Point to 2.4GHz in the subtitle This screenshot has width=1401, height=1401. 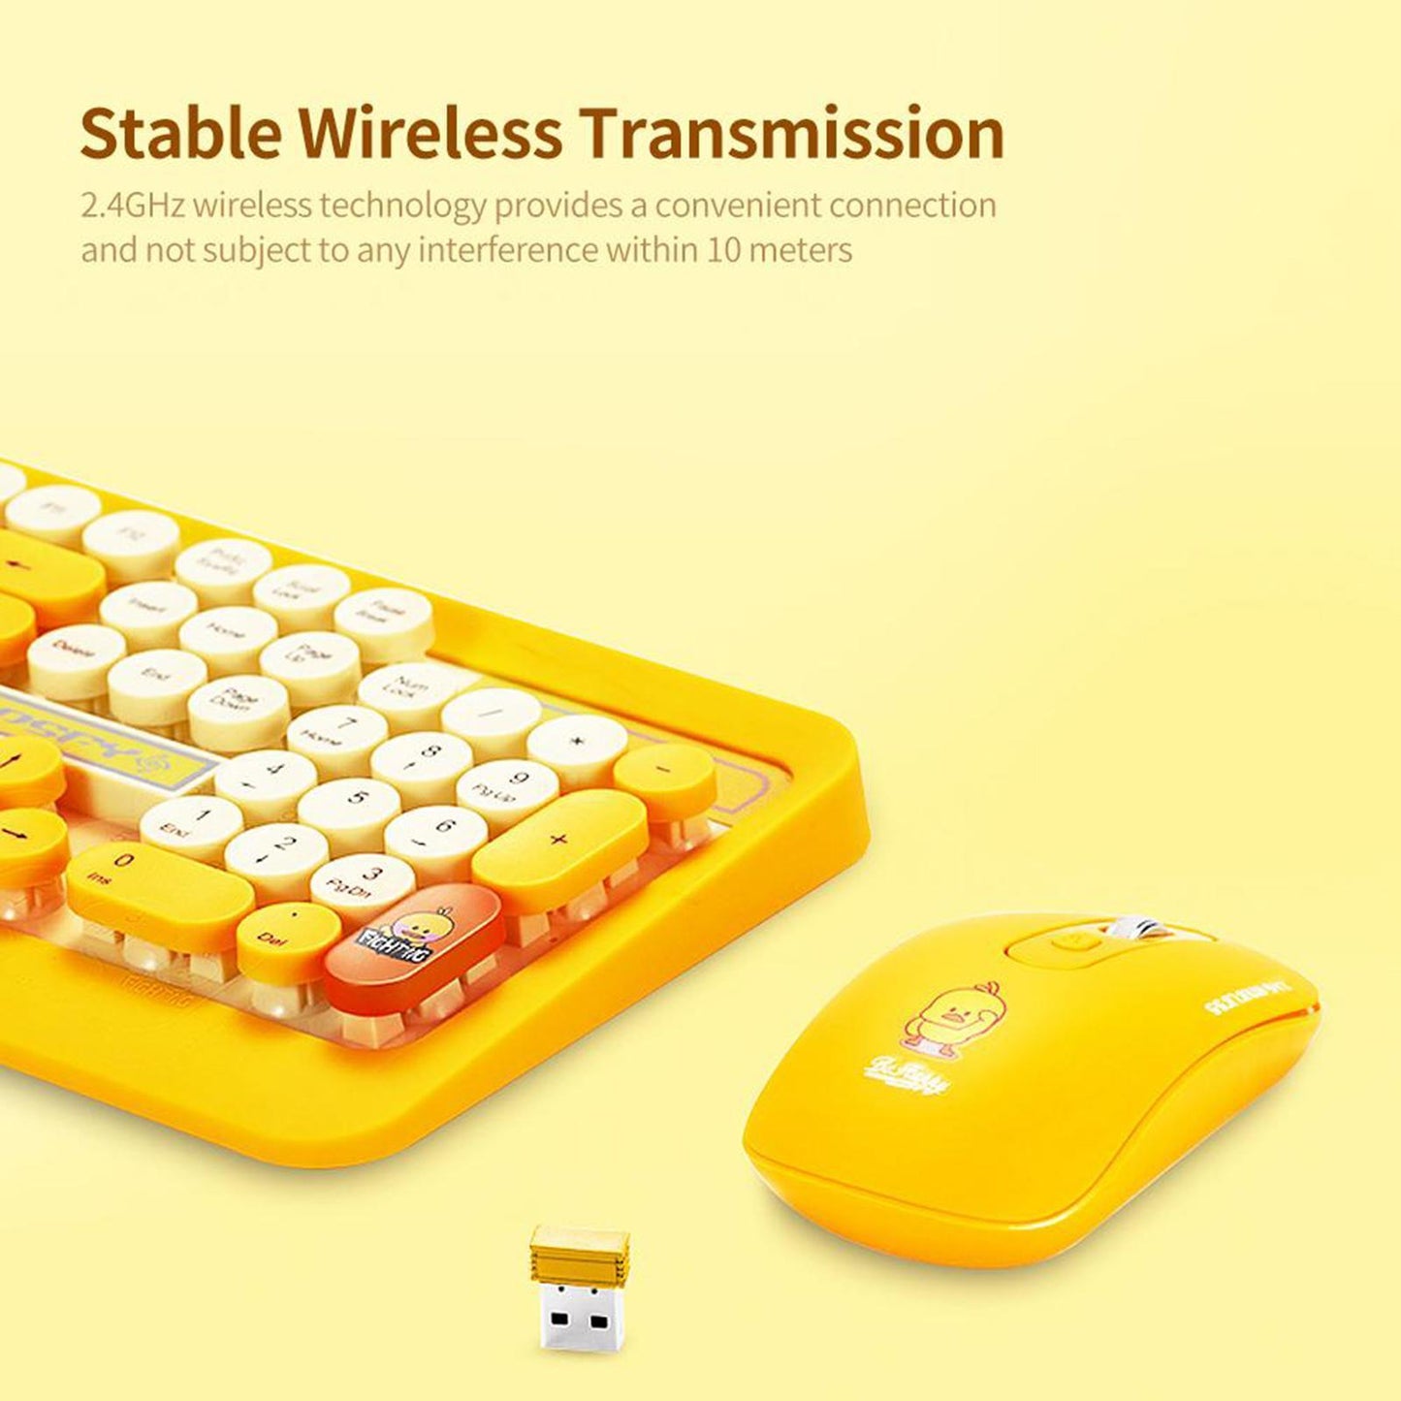[x=133, y=206]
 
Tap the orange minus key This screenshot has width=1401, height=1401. [x=665, y=772]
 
